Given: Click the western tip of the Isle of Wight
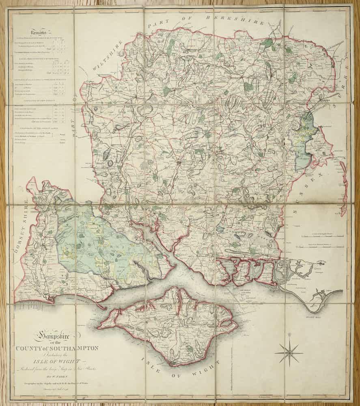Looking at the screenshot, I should click(99, 325).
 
